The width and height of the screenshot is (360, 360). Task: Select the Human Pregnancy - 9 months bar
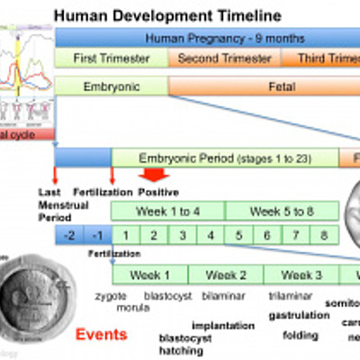click(x=207, y=39)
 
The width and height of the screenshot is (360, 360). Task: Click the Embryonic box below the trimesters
click(x=112, y=87)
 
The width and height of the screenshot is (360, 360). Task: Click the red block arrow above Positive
click(x=155, y=175)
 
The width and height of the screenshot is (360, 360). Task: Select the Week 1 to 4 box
click(x=167, y=212)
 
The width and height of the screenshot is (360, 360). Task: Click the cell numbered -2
click(x=68, y=235)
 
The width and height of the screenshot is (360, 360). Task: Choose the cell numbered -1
click(x=97, y=235)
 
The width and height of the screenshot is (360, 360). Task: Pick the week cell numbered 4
click(x=211, y=235)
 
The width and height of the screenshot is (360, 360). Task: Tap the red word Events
click(x=101, y=335)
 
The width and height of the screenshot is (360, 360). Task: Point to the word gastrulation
click(x=299, y=315)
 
